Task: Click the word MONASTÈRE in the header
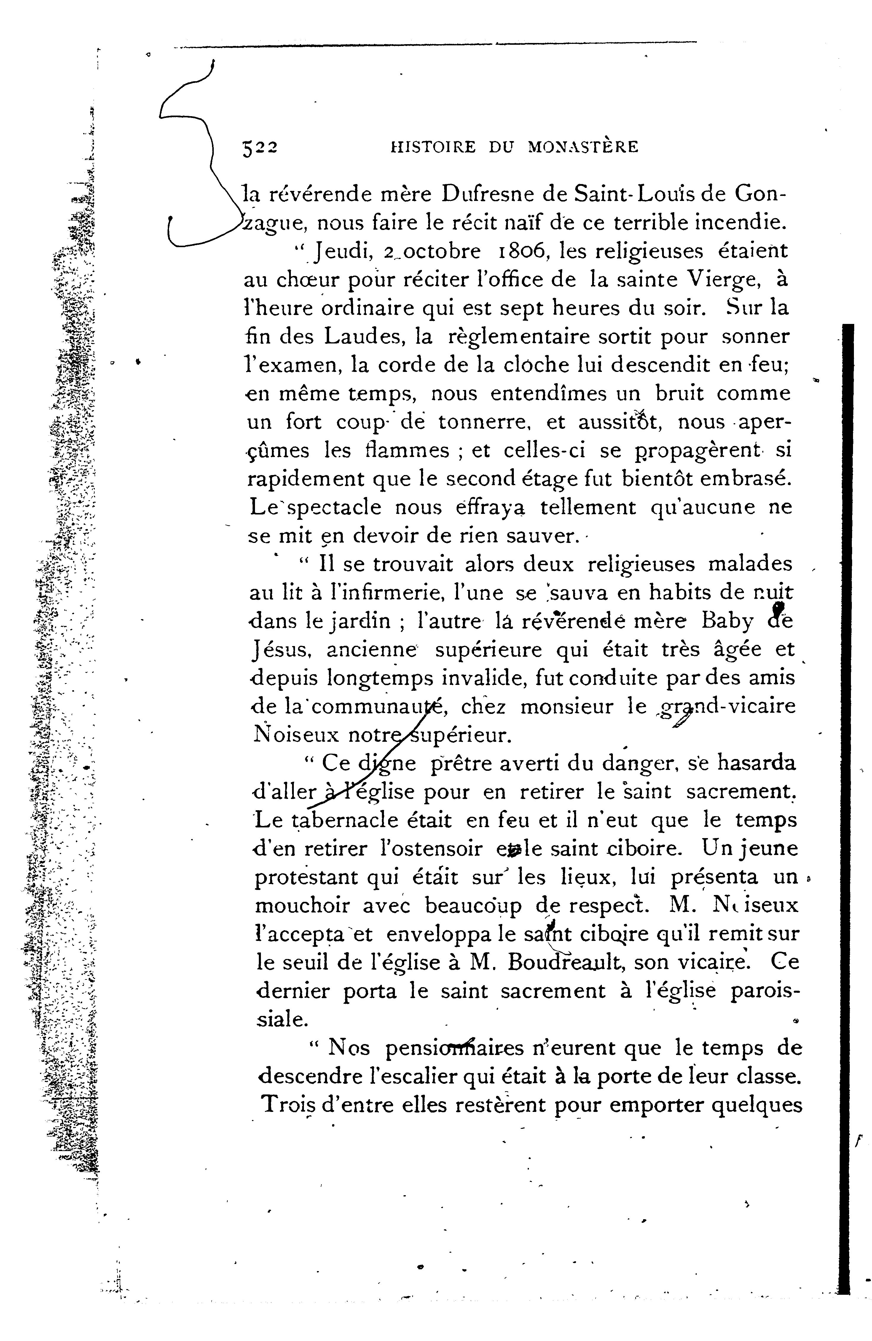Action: point(583,148)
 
